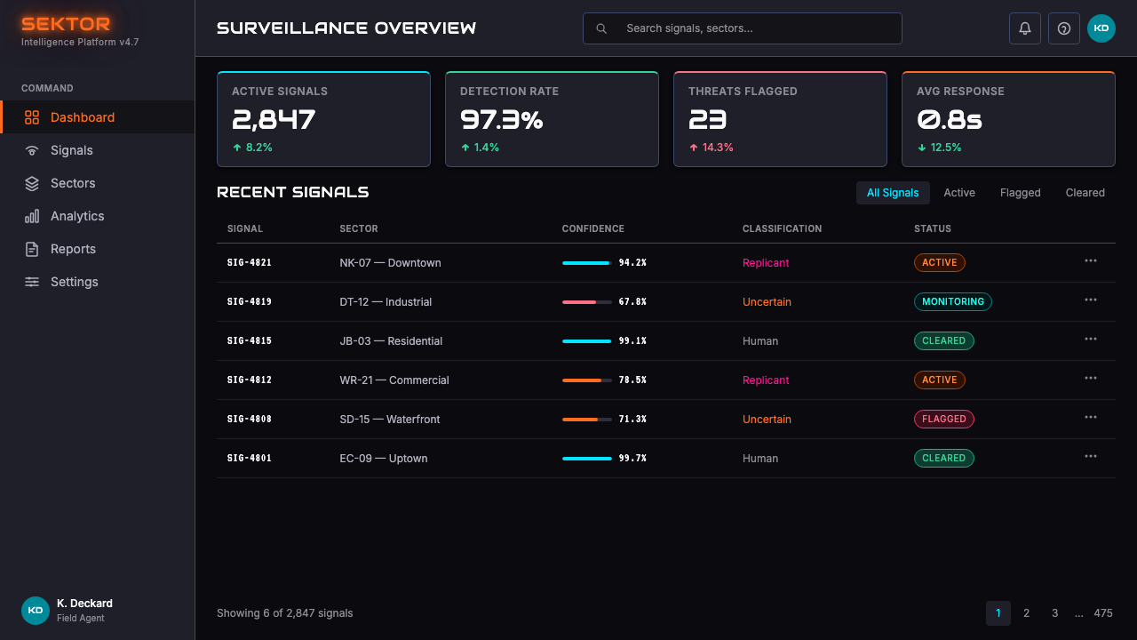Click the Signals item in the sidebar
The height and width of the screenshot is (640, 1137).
72,150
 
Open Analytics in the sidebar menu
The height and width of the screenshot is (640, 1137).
77,216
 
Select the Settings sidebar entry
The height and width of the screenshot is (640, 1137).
74,282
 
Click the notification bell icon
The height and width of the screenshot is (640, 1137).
1025,28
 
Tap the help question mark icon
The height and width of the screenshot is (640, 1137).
1064,28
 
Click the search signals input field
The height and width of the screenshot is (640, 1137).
742,28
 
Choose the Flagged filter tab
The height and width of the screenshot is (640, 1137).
1021,193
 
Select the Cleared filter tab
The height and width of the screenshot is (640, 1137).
1085,193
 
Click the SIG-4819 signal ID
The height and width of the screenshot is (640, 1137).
250,301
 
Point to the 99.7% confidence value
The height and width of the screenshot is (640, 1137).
632,458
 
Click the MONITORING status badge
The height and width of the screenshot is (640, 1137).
953,301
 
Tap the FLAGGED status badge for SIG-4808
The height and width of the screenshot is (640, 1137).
944,419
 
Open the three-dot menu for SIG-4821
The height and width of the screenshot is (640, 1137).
1091,261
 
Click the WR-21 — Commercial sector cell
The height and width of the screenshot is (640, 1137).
394,380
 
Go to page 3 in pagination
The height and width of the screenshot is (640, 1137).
1054,613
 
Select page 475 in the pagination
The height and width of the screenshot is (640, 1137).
1103,613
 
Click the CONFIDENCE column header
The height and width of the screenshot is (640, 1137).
592,228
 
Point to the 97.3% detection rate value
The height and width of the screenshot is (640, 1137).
502,120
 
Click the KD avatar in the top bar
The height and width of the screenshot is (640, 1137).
1101,28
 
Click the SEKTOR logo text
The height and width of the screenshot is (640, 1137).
66,24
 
